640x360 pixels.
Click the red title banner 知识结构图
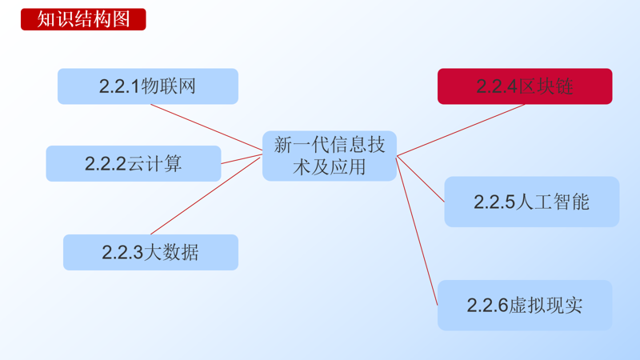point(83,19)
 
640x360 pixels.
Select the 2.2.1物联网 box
point(147,86)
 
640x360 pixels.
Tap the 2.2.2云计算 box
point(133,163)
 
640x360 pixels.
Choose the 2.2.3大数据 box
point(150,252)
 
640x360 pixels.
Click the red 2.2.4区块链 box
point(524,86)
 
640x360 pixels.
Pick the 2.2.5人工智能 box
point(531,202)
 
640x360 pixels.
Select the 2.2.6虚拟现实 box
point(524,305)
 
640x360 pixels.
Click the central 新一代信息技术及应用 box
point(330,155)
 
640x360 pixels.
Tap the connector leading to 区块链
point(461,130)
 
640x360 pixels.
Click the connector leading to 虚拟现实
point(418,231)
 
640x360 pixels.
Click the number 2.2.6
point(488,306)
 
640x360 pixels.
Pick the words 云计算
point(154,164)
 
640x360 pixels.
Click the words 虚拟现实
point(546,306)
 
